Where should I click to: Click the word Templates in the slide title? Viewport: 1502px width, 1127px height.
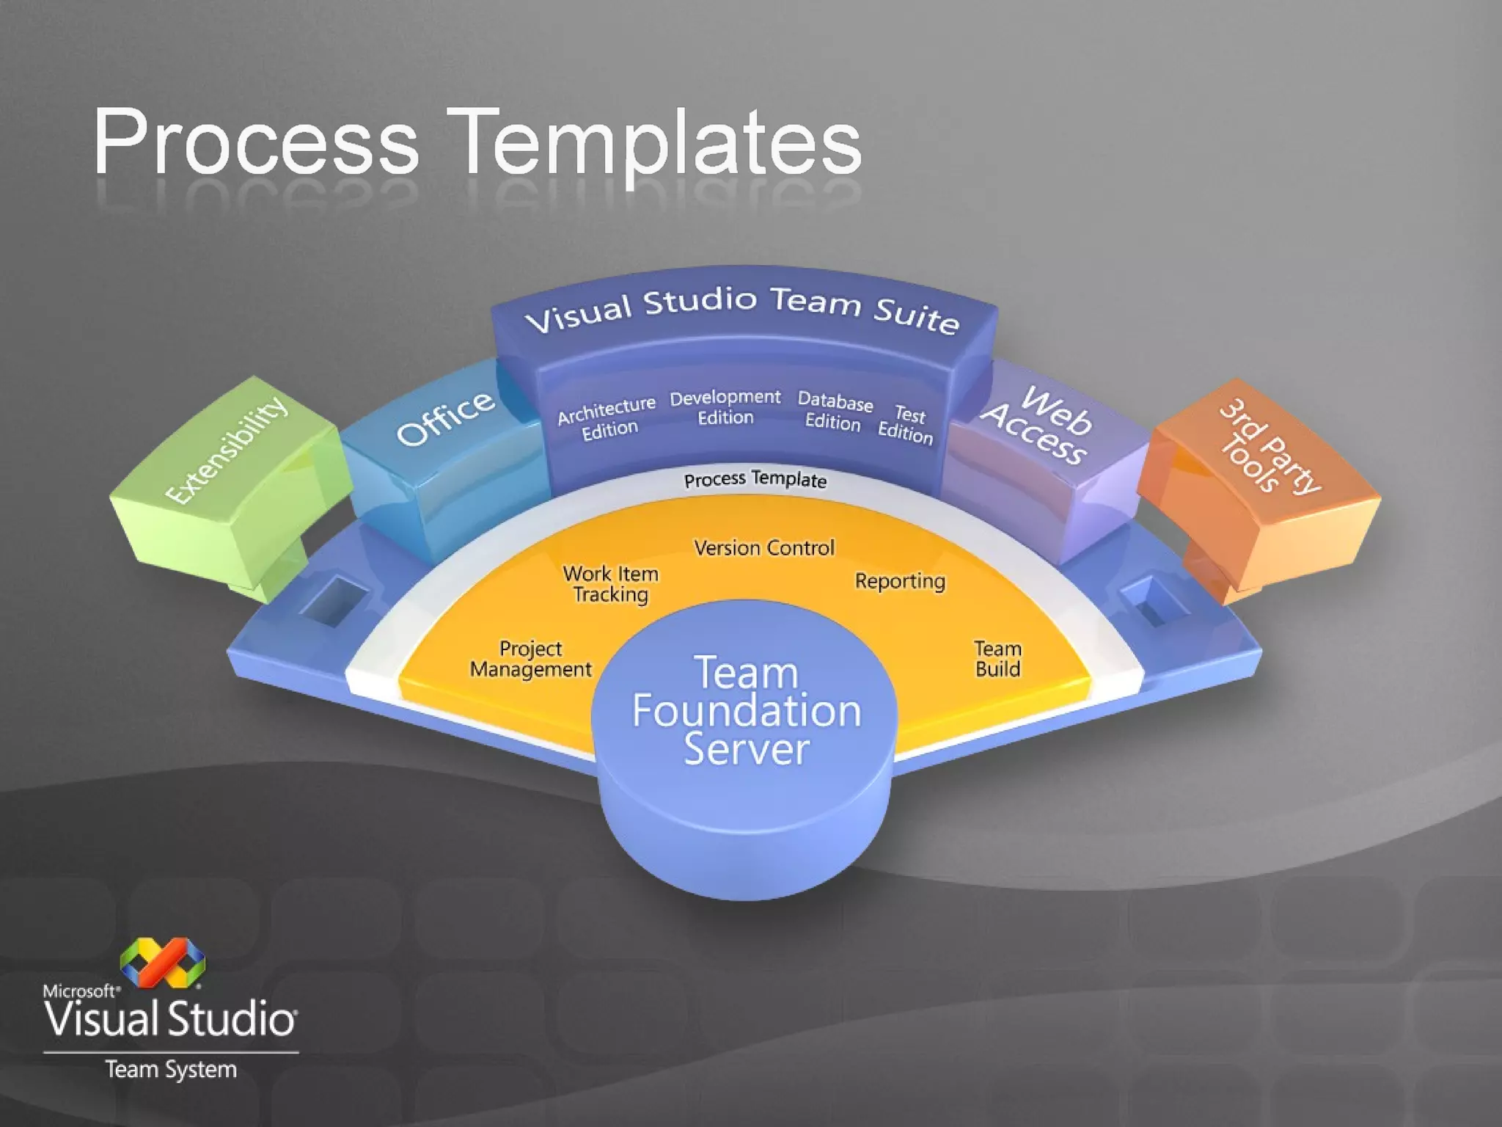[656, 143]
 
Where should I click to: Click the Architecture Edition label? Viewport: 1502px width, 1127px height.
[607, 418]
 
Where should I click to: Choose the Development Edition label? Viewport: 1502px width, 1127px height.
[725, 407]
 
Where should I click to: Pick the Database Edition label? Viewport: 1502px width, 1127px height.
[835, 411]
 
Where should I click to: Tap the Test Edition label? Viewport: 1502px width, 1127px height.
[906, 425]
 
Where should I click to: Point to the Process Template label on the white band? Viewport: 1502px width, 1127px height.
[755, 480]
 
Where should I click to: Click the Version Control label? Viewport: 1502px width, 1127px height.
[764, 548]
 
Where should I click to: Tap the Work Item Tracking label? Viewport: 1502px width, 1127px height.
[611, 584]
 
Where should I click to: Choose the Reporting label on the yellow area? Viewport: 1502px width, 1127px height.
[900, 581]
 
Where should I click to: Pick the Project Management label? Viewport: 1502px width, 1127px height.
[531, 659]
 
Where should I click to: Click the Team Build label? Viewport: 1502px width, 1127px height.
[997, 659]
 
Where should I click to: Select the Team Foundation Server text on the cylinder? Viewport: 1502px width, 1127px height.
[747, 710]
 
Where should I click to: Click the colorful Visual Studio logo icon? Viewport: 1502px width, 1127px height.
[163, 962]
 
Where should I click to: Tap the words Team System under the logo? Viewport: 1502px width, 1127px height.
[171, 1070]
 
